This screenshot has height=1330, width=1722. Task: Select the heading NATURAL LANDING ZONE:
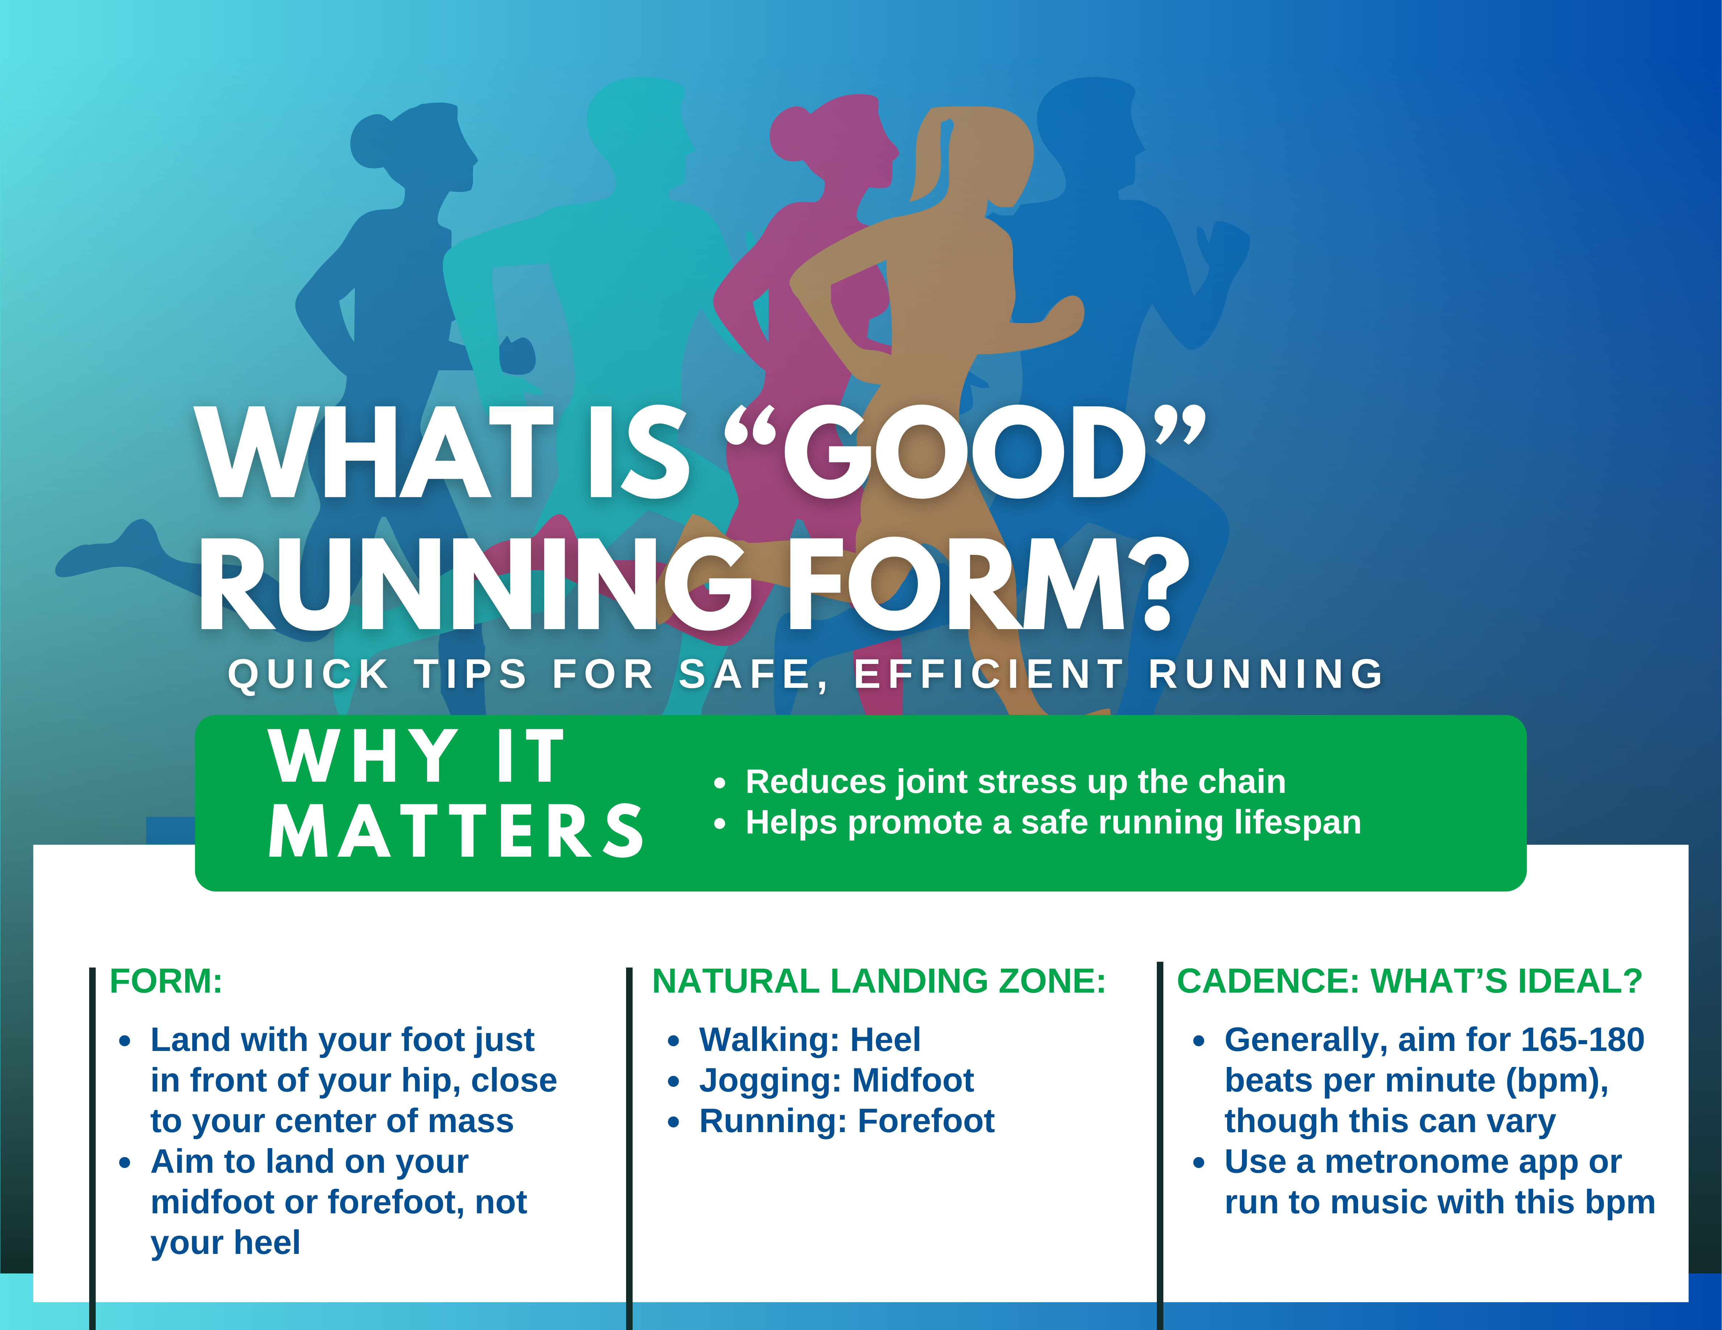879,981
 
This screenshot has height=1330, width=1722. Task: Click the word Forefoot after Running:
927,1121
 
